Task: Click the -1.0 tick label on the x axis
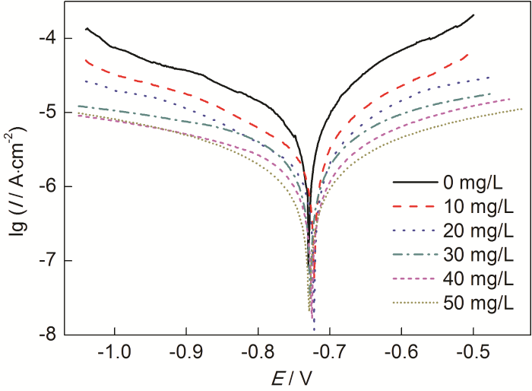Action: (114, 354)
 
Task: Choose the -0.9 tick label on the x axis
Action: (186, 354)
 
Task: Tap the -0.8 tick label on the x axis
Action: (258, 354)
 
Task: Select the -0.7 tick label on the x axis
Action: (330, 354)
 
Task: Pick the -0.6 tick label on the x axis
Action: (401, 354)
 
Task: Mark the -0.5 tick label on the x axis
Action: (473, 354)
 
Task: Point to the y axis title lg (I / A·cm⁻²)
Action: (16, 186)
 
